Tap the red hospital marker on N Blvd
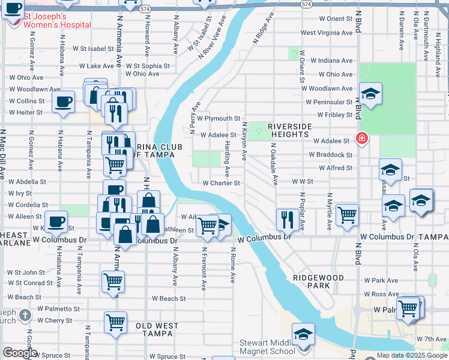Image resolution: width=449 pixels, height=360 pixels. click(361, 139)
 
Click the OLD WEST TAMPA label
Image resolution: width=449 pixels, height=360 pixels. click(157, 326)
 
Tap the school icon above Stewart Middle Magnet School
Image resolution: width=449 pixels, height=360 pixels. click(304, 334)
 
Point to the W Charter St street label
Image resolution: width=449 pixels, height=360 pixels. click(221, 183)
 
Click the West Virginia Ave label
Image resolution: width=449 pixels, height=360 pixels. click(327, 33)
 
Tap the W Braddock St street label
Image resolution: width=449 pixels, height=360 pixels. click(331, 154)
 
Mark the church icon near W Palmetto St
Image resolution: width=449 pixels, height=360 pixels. click(25, 315)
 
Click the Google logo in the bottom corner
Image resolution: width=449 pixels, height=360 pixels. click(20, 353)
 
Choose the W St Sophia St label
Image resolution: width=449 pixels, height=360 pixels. click(147, 66)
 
